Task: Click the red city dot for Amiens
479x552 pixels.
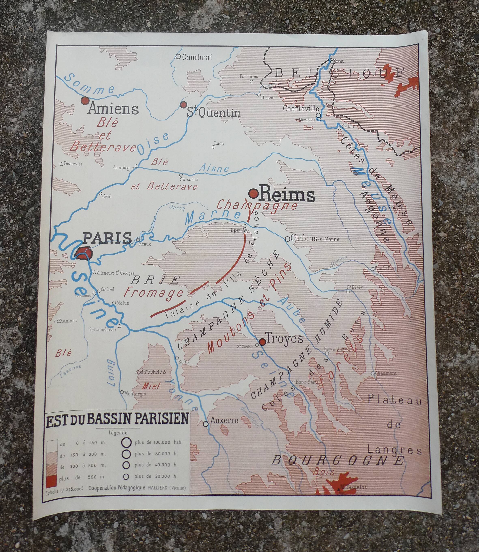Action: [x=85, y=101]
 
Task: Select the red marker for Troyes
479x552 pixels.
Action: [x=262, y=341]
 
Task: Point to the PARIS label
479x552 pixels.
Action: [x=107, y=238]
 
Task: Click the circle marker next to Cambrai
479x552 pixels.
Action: [x=178, y=56]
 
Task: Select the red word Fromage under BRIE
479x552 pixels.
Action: [x=154, y=293]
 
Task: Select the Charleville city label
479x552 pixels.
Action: [x=301, y=109]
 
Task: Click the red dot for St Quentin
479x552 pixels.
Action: [x=183, y=105]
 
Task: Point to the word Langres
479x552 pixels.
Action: [x=394, y=450]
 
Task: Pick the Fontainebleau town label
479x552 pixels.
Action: [x=102, y=330]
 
